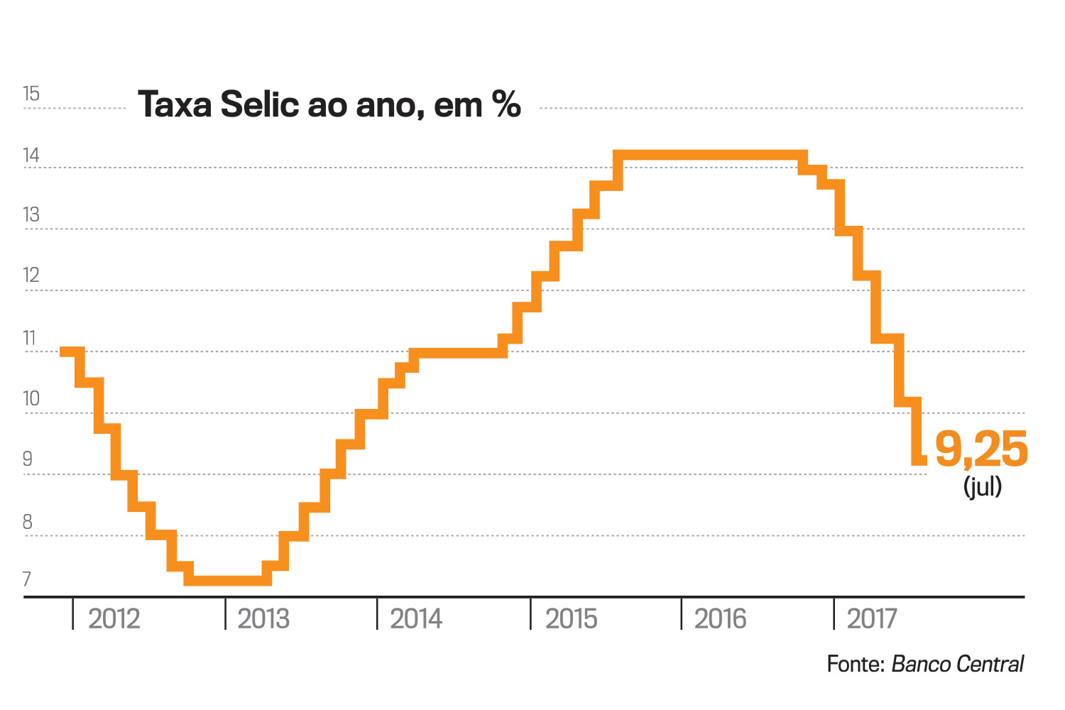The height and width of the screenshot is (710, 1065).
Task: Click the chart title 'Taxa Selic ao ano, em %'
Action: point(329,104)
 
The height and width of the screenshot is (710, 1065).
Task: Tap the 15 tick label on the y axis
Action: point(31,94)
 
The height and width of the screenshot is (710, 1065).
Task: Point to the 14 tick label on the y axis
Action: point(31,155)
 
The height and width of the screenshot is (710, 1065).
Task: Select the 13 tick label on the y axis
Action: point(31,214)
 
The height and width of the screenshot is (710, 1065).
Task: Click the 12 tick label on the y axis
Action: point(31,275)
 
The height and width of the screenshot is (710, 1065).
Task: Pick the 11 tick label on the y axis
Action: point(30,338)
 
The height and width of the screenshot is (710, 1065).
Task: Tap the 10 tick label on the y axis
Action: point(31,398)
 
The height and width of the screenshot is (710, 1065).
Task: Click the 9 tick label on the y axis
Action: point(28,459)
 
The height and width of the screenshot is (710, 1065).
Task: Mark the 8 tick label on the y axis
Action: point(28,522)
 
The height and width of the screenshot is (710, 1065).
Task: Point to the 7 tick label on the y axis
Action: point(28,579)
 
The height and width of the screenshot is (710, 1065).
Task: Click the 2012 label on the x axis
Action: point(114,619)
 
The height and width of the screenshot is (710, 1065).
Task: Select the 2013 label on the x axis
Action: point(263,619)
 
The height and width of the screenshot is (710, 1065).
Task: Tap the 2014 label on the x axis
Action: point(416,619)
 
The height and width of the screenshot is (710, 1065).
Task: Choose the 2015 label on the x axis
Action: point(571,619)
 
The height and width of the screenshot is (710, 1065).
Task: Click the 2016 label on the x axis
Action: point(720,619)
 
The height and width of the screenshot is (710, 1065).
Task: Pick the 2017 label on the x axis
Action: point(871,619)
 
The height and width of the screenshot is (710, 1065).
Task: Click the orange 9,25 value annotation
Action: point(981,449)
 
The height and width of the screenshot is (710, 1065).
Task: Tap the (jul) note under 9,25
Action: point(983,486)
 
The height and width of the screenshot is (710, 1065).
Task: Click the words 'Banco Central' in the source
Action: point(957,664)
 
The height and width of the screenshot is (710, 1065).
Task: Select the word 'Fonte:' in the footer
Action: point(855,664)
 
